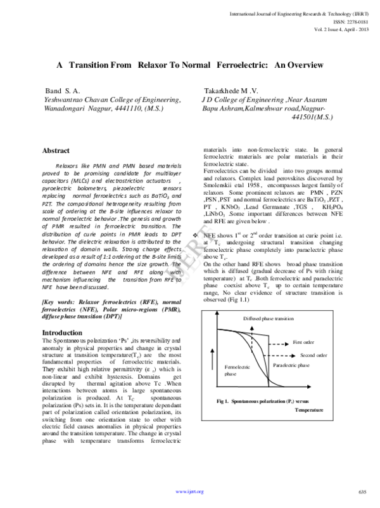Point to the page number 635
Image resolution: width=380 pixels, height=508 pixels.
(x=362, y=492)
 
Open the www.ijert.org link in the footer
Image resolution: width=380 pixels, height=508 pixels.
(x=189, y=492)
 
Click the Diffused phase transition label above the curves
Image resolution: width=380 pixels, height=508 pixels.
(x=267, y=317)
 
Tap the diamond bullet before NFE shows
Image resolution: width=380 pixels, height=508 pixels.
(x=194, y=235)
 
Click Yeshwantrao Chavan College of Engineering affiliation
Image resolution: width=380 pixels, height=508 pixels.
(x=112, y=100)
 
